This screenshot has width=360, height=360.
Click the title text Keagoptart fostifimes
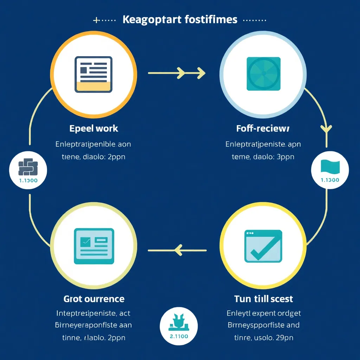tap(180, 19)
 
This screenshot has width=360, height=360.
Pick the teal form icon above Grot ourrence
tap(94, 246)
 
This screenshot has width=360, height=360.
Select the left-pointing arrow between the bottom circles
tap(177, 250)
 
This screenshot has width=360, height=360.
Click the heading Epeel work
tap(94, 128)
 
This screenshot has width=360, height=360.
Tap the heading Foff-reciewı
tap(263, 128)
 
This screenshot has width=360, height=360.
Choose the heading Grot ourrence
tap(94, 299)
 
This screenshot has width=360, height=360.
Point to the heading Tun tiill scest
tap(263, 299)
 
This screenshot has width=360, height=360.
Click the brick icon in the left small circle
tap(28, 167)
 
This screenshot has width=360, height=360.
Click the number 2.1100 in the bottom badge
tap(179, 336)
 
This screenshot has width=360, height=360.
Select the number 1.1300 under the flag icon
tap(330, 180)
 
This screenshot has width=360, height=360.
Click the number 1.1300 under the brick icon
tap(28, 180)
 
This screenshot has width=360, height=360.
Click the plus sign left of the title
tap(96, 20)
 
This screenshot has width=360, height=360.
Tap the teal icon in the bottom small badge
tap(179, 322)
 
